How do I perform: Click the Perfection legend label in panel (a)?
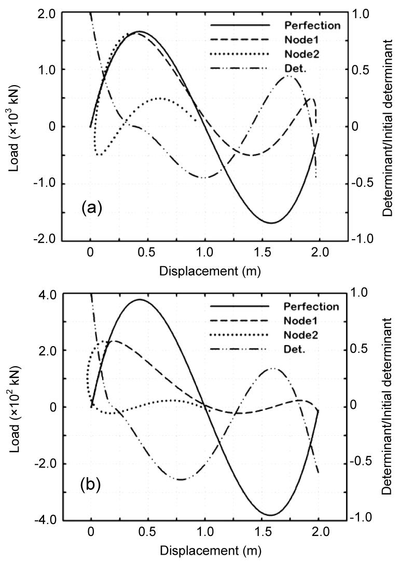tap(312, 25)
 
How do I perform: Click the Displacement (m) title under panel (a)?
tap(210, 270)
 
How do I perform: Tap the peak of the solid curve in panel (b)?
tap(139, 299)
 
